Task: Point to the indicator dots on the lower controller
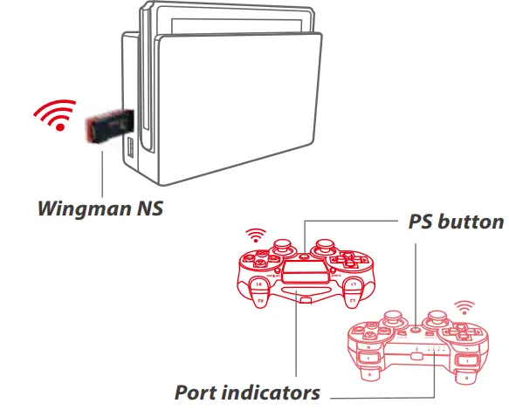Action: [437, 353]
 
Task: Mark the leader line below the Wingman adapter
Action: [102, 174]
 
